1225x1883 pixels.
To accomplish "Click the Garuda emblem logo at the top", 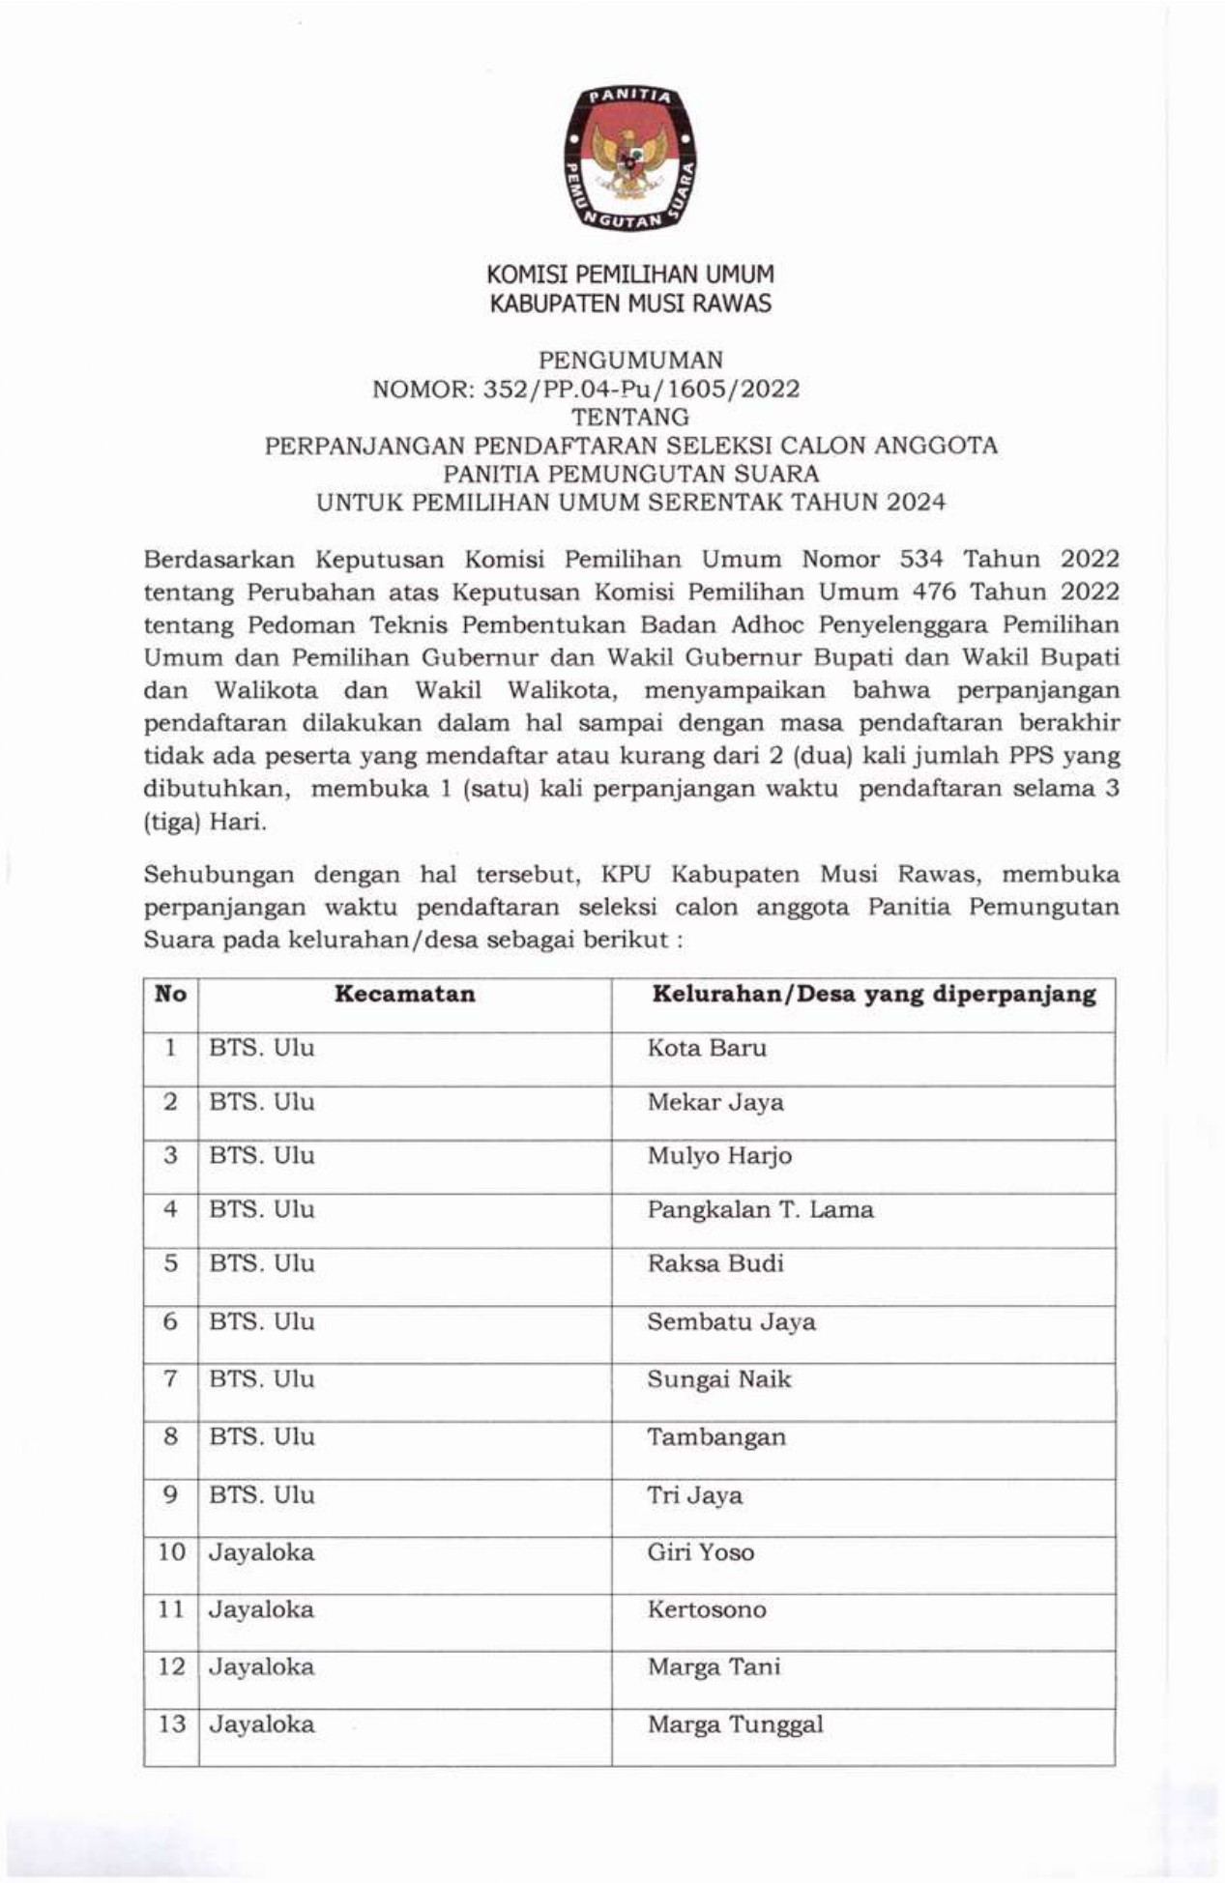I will [x=630, y=159].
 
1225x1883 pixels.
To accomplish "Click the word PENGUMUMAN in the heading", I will [x=630, y=361].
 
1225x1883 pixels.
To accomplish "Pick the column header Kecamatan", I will [x=404, y=995].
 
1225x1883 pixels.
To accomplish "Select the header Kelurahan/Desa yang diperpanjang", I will [x=874, y=995].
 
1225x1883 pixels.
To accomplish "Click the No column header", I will [x=170, y=995].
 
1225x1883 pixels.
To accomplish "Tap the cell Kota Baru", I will [x=707, y=1049].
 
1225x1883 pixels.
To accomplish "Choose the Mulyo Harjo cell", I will [x=719, y=1156].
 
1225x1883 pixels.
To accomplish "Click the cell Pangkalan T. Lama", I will [x=760, y=1210].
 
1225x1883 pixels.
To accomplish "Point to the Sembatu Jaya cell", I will [x=731, y=1322].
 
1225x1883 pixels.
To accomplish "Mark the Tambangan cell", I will [x=716, y=1437].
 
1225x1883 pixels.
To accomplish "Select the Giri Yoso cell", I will [x=700, y=1552].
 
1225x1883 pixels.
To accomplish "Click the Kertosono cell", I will [x=707, y=1609].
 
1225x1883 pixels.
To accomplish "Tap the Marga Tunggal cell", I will [x=735, y=1724].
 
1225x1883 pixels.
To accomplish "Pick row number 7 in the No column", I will [x=170, y=1379].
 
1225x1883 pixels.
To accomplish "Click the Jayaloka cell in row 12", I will [x=261, y=1666].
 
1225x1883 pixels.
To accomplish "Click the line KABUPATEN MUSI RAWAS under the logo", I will [x=630, y=304].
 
